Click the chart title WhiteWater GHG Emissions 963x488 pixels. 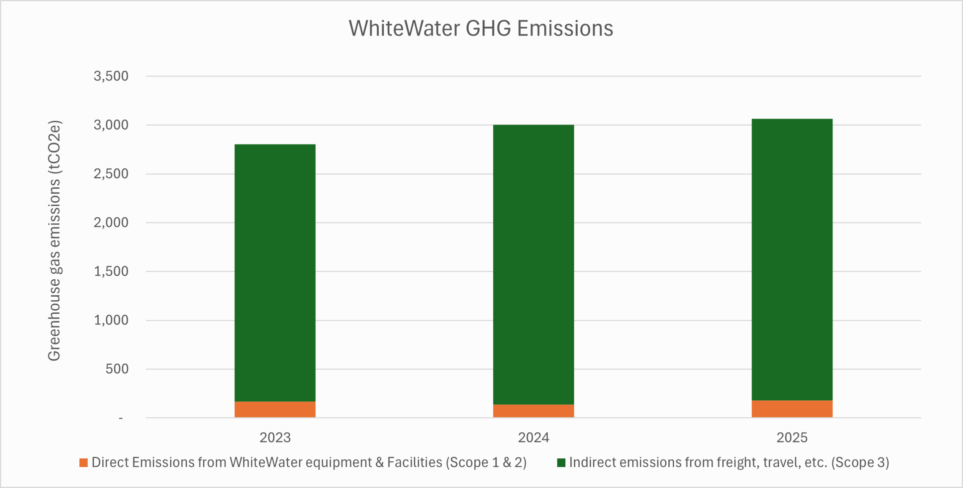click(481, 29)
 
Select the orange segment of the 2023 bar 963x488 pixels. click(275, 409)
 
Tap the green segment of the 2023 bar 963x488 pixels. click(275, 273)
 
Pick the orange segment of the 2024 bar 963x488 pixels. click(533, 411)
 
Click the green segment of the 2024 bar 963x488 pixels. click(533, 264)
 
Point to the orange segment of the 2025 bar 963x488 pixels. click(792, 409)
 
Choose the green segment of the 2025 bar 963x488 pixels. click(792, 259)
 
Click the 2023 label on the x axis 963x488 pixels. click(275, 438)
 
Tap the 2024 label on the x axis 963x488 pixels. click(533, 438)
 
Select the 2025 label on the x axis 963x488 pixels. click(792, 438)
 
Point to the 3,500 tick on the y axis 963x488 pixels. click(111, 76)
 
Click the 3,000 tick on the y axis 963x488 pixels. click(111, 125)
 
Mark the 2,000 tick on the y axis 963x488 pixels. click(111, 223)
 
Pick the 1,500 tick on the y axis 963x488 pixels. click(111, 271)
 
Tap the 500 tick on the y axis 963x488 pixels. click(117, 369)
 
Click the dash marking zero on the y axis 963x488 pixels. click(121, 418)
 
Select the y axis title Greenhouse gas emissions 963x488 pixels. click(55, 241)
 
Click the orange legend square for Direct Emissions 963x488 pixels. click(84, 463)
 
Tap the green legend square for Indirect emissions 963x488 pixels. click(561, 463)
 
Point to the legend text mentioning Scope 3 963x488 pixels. click(729, 463)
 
